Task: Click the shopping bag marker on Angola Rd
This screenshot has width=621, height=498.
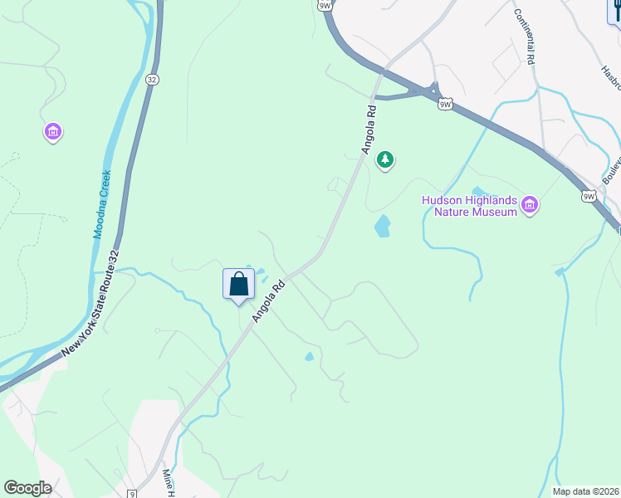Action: point(238,284)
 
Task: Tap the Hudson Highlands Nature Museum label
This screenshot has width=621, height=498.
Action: point(470,206)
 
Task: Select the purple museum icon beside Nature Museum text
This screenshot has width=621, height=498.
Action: point(530,204)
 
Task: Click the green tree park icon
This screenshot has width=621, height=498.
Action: point(384,159)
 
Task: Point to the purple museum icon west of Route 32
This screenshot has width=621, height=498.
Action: point(53,131)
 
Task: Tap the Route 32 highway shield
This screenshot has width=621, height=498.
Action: point(151,79)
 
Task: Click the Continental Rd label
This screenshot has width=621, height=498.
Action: point(524,37)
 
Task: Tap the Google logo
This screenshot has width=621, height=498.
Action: point(27,488)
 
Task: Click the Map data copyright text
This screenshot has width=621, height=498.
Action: point(585,491)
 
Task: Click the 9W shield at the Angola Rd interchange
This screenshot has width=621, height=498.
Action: point(446,104)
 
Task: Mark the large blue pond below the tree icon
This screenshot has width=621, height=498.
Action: point(382,226)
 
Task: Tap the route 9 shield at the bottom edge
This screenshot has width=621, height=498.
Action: point(132,494)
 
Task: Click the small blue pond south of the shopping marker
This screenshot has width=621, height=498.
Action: point(309,357)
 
